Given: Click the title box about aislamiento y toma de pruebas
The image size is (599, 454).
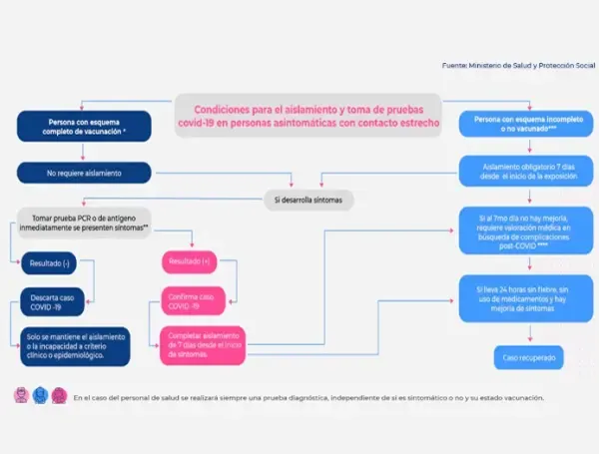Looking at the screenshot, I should tap(308, 115).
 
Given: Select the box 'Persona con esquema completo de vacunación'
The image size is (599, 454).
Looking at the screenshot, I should tap(85, 127).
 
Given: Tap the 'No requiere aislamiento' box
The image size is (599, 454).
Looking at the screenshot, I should tap(85, 173).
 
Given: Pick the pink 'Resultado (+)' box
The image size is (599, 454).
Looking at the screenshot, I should tap(191, 261).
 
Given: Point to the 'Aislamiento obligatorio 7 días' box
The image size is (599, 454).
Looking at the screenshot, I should tap(520, 169).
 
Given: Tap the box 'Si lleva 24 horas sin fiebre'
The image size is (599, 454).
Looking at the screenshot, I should tap(520, 296).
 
